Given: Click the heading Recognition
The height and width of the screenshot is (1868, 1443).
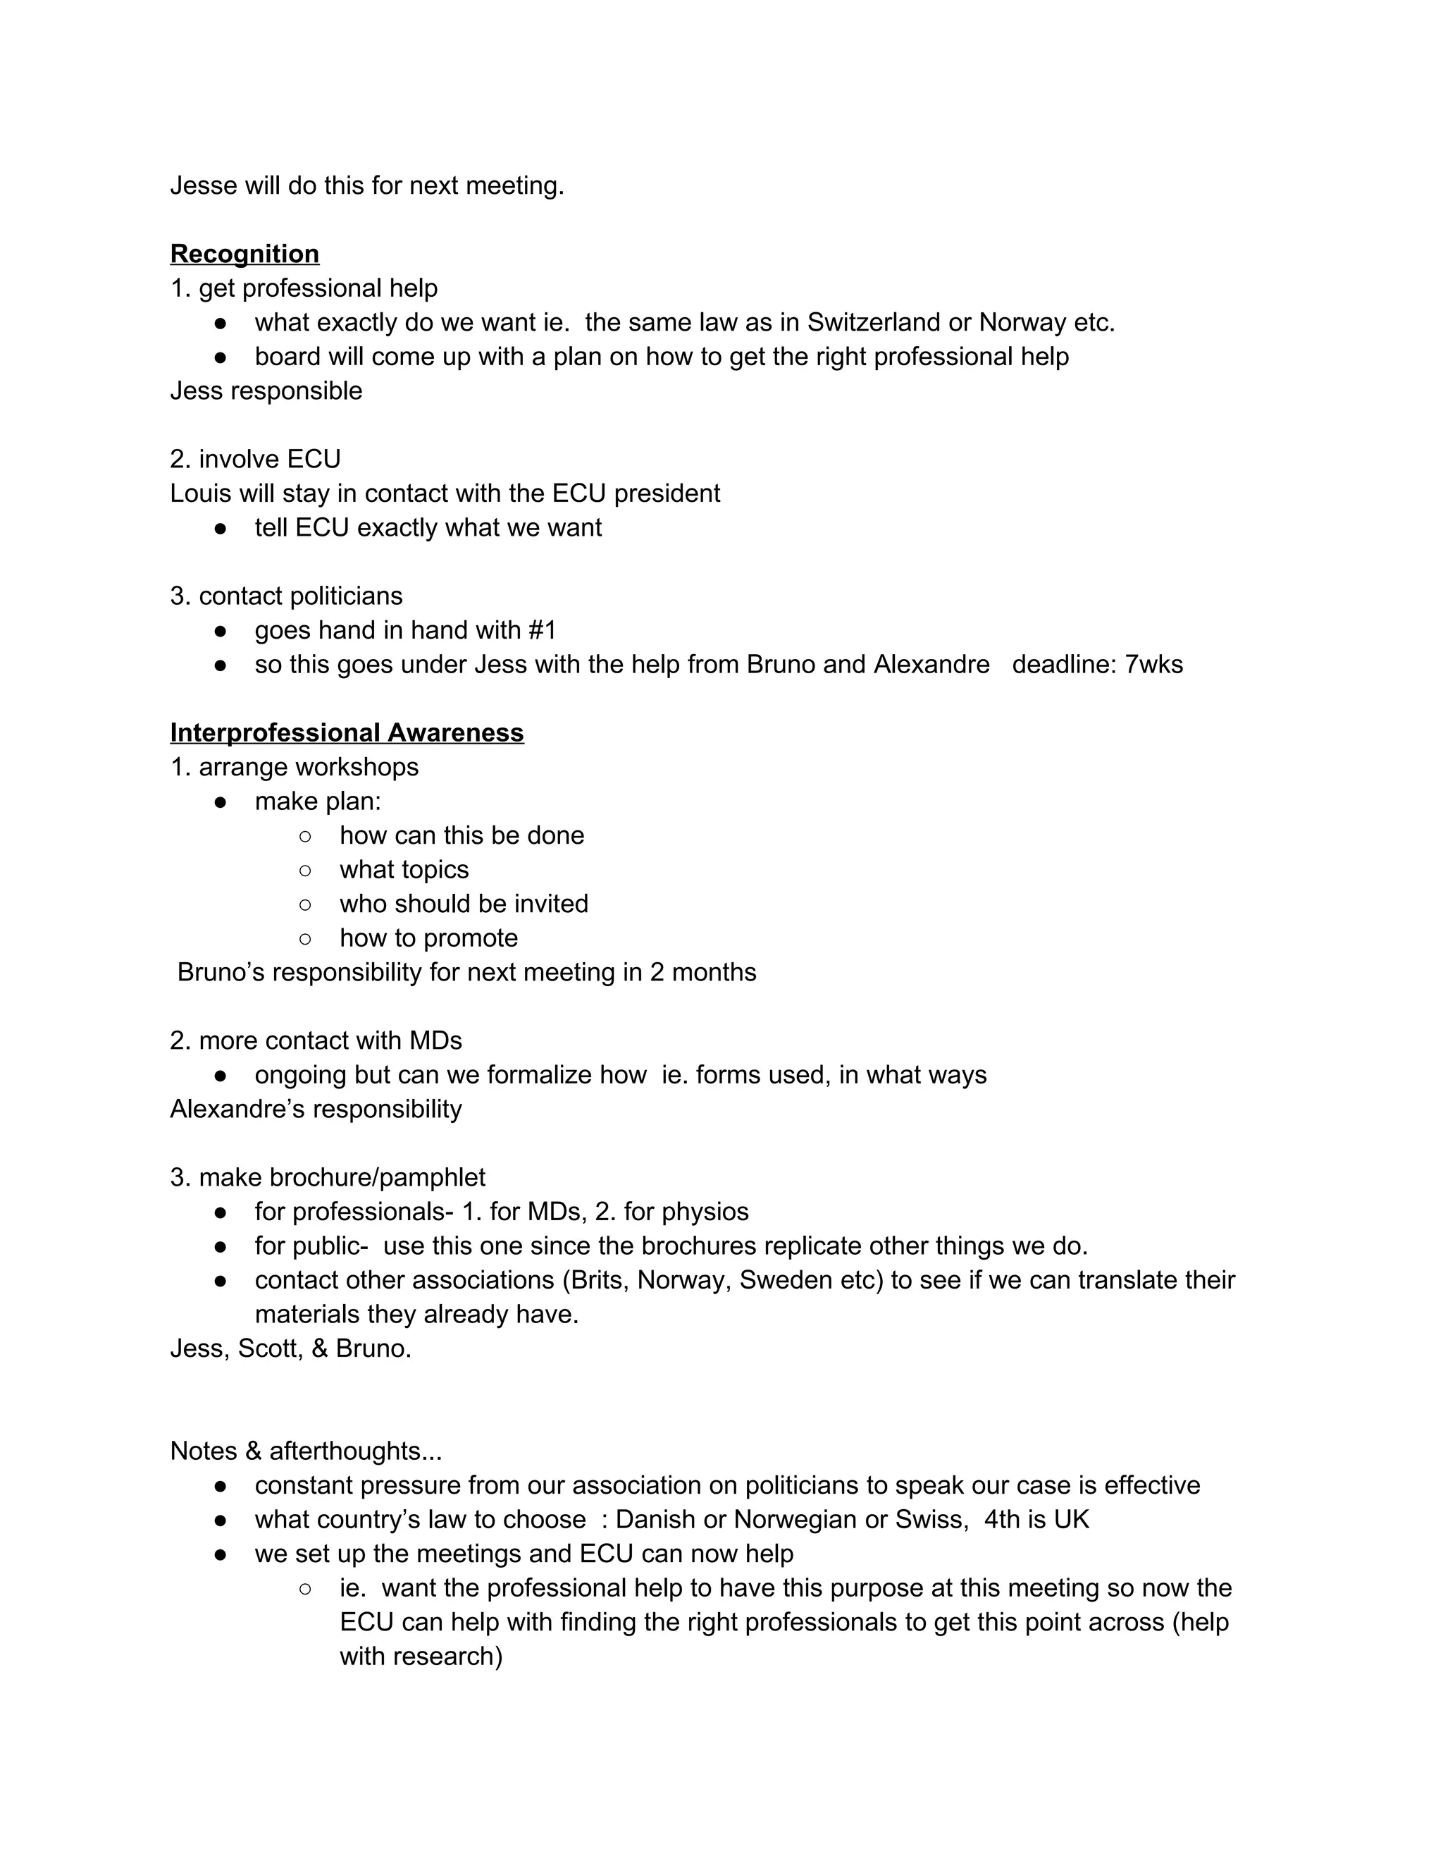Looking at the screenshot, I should tap(244, 254).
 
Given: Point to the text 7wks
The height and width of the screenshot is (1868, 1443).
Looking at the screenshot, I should tap(1153, 665).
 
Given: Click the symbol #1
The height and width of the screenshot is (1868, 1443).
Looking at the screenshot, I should tap(542, 630).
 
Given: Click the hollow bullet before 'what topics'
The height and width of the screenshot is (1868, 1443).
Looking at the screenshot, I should tap(305, 870).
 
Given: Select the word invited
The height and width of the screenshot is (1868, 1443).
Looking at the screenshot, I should tap(550, 904).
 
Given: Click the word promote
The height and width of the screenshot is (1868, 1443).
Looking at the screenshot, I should tap(473, 938).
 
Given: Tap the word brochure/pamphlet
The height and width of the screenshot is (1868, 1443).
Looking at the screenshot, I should tap(377, 1178).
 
